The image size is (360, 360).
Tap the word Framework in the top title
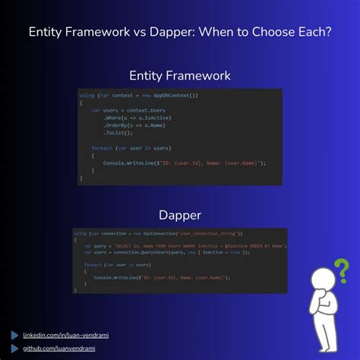(101, 33)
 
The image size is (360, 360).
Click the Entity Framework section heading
(180, 76)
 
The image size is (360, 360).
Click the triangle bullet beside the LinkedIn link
(14, 334)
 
